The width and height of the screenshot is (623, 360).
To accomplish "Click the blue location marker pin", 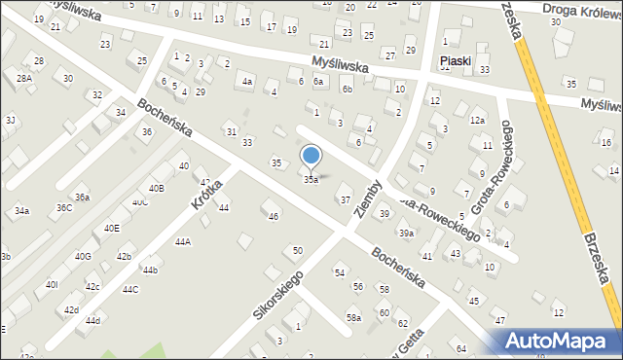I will tap(311, 157).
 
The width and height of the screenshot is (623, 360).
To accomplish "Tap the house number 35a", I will tap(311, 180).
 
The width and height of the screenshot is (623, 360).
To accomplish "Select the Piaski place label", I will tap(455, 60).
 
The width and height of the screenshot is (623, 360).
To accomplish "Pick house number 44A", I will tap(183, 241).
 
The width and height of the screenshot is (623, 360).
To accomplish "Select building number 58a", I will tap(354, 317).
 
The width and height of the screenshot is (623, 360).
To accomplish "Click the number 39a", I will tap(406, 234).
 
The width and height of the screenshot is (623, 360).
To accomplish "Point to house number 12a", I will tap(477, 120).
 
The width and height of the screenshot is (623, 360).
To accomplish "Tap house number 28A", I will tap(24, 78).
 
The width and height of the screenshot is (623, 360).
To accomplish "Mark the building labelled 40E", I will tap(112, 228).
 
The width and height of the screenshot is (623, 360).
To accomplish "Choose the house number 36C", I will tap(63, 207).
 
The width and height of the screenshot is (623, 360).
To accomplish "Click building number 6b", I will tap(347, 90).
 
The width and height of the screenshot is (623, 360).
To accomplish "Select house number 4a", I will tap(247, 82).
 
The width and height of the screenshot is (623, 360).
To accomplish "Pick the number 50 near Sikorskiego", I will tap(297, 251).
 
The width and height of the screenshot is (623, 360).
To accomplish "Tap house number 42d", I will tap(71, 310).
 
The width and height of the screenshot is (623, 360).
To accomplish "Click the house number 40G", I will tap(83, 256).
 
